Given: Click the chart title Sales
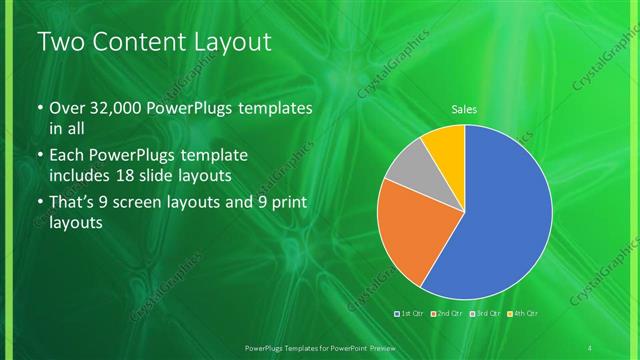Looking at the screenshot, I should (463, 110).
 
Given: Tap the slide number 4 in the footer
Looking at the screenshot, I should (590, 347).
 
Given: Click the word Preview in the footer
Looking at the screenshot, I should (371, 347).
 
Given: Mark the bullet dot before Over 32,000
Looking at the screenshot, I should (39, 108).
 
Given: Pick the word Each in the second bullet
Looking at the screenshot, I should (68, 155).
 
